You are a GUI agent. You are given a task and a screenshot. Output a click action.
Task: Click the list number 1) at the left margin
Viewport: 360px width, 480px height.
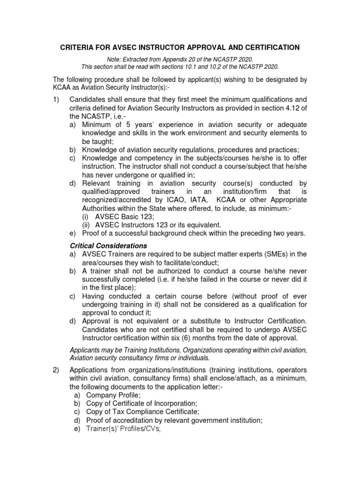57,99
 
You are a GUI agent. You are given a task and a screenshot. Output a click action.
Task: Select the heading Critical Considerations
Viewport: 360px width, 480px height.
108,246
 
